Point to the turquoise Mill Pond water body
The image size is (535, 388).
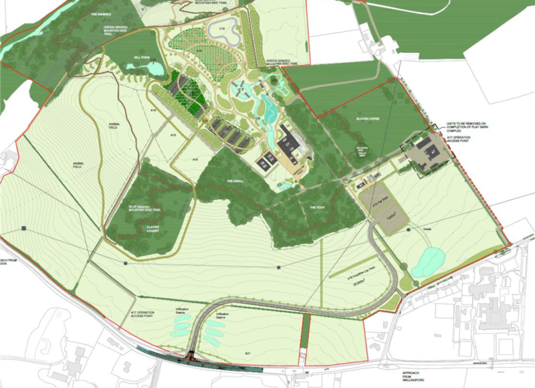(x=154, y=68)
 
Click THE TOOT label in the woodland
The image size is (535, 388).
(x=316, y=207)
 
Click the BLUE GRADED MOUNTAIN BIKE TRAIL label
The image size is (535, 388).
(x=149, y=209)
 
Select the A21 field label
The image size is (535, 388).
(x=249, y=353)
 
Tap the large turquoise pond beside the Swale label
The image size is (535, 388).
(x=427, y=261)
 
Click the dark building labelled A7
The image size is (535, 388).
(x=362, y=182)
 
